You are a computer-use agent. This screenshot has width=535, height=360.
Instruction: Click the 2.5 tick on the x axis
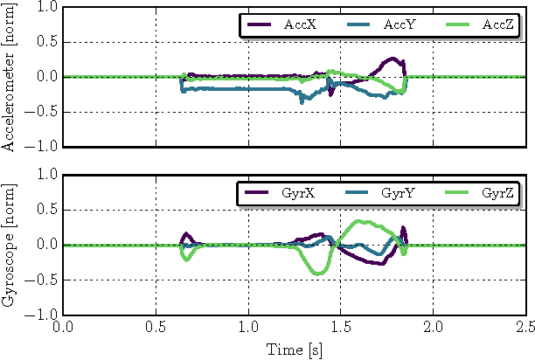point(525,328)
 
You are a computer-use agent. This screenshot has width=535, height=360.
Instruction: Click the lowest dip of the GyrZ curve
point(318,273)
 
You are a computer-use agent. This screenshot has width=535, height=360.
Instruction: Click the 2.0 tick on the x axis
point(434,328)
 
